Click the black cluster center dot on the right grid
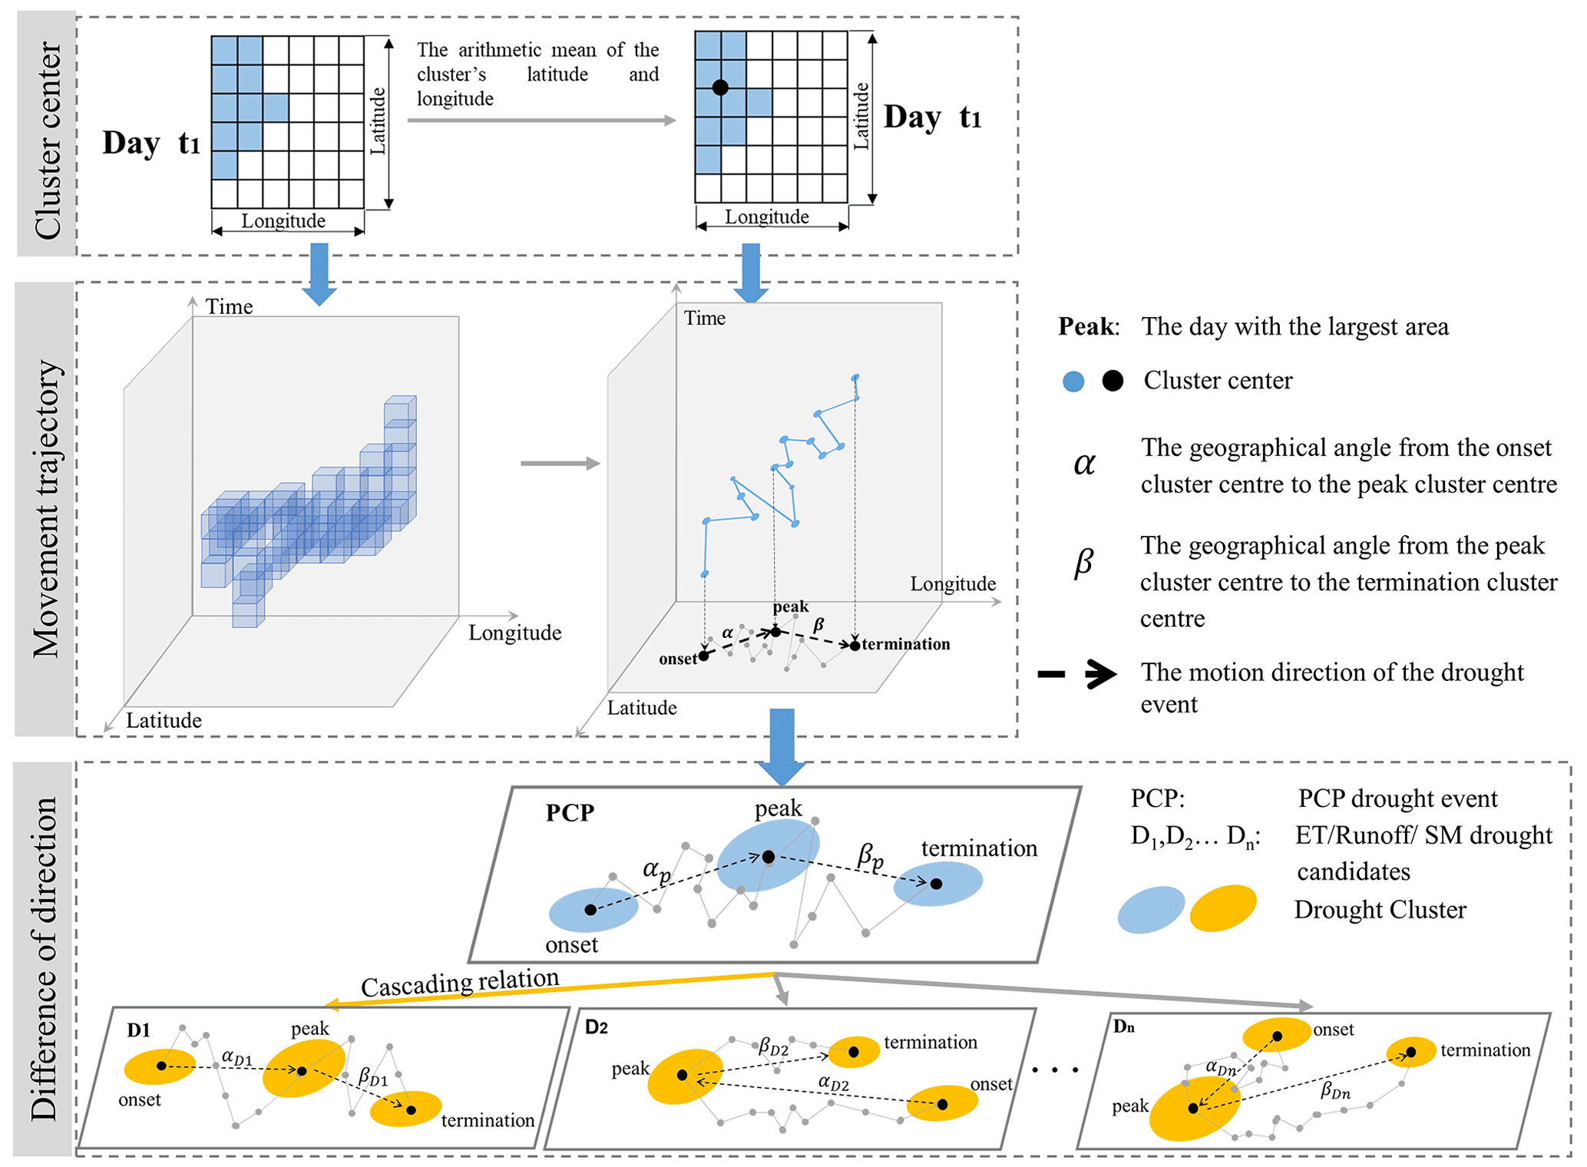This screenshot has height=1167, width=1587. [x=719, y=88]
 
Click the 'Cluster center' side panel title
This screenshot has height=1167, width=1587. [x=47, y=140]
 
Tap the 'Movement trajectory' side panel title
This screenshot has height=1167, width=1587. [x=46, y=509]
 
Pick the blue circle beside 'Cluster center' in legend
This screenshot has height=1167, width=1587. [x=1073, y=382]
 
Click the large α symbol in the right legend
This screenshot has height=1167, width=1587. [x=1084, y=464]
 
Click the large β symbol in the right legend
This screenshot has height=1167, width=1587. [x=1083, y=562]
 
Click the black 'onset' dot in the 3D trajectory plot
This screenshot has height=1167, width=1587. [x=704, y=655]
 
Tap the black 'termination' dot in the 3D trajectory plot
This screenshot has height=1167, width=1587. [x=855, y=646]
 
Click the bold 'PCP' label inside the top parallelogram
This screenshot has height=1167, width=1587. [x=570, y=813]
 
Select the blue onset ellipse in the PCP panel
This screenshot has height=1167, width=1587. [x=593, y=910]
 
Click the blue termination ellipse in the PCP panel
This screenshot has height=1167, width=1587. [x=937, y=884]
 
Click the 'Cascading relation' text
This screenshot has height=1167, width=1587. [x=460, y=983]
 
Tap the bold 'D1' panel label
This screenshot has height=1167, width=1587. [x=139, y=1030]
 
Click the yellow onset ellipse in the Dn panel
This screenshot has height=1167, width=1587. [x=1276, y=1035]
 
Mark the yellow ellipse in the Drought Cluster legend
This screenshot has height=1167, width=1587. [x=1222, y=908]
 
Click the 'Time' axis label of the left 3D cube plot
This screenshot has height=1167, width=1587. [x=229, y=307]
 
